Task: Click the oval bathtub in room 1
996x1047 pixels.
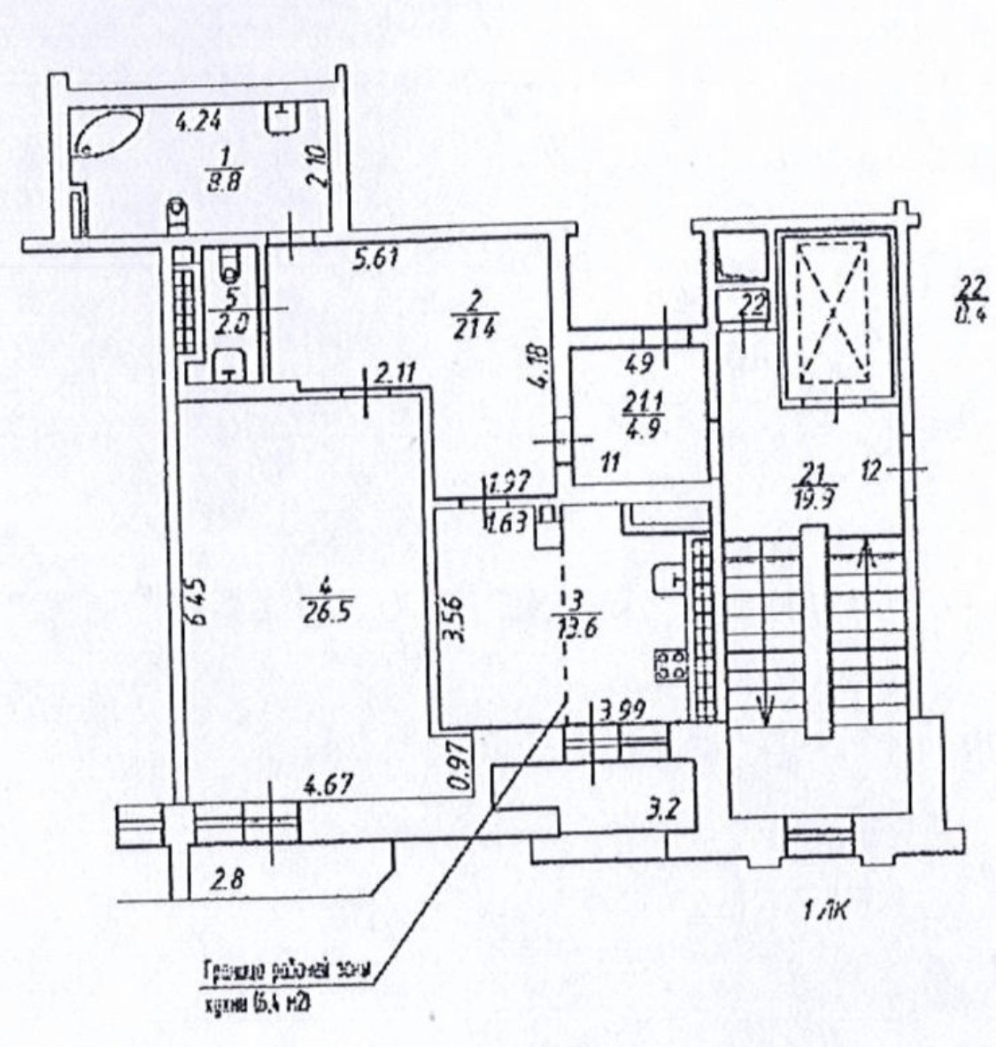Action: coord(107,134)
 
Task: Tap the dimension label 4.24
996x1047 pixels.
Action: coord(198,120)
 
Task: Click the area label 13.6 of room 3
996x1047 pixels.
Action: coord(575,628)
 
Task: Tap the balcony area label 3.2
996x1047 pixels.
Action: coord(668,808)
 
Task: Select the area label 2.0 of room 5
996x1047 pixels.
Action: coord(229,322)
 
